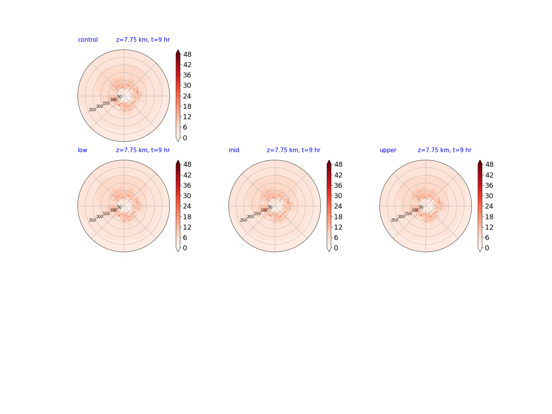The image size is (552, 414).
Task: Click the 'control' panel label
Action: pyautogui.click(x=88, y=40)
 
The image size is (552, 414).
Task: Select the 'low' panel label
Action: pyautogui.click(x=82, y=150)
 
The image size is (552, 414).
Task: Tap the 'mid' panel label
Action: pyautogui.click(x=234, y=150)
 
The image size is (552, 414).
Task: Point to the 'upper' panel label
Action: pyautogui.click(x=388, y=150)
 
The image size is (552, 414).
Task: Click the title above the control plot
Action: pyautogui.click(x=143, y=40)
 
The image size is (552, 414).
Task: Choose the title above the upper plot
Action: pyautogui.click(x=444, y=150)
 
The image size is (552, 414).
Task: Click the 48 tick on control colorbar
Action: pyautogui.click(x=187, y=54)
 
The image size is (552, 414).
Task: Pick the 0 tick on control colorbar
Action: pyautogui.click(x=185, y=138)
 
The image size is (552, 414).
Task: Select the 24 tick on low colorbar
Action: pyautogui.click(x=187, y=206)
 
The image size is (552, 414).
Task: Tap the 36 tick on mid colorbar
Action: pyautogui.click(x=338, y=185)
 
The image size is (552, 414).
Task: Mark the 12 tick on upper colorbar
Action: pyautogui.click(x=489, y=227)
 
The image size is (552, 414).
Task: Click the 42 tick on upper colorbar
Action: pyautogui.click(x=489, y=175)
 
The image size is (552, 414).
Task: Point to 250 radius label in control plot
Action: pyautogui.click(x=92, y=110)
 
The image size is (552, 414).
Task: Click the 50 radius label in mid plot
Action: pyautogui.click(x=270, y=207)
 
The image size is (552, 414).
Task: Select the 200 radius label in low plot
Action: pyautogui.click(x=100, y=217)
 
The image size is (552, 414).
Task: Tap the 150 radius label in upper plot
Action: pyautogui.click(x=408, y=214)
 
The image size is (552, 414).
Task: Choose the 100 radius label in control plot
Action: pyautogui.click(x=113, y=100)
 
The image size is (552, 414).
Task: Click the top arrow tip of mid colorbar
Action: pyautogui.click(x=329, y=160)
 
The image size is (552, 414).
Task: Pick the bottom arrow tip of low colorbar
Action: pyautogui.click(x=178, y=251)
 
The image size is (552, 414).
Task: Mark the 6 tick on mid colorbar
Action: pyautogui.click(x=336, y=238)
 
